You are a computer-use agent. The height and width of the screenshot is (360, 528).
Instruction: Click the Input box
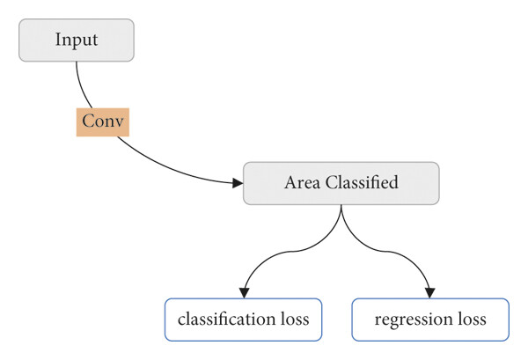(x=77, y=40)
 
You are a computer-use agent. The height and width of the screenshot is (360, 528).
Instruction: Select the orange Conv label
(x=103, y=122)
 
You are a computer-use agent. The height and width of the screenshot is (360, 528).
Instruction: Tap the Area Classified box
(x=341, y=183)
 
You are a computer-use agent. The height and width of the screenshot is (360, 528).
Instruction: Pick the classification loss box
(x=244, y=320)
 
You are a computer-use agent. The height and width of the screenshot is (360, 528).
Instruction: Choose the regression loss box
(x=430, y=320)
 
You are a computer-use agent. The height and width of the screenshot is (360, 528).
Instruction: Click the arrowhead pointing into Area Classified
(x=238, y=183)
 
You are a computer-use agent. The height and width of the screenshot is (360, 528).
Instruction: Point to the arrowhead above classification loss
(x=244, y=293)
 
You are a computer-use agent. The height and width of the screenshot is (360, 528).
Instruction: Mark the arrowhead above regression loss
(x=429, y=293)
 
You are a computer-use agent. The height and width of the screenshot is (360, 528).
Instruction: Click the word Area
(x=302, y=183)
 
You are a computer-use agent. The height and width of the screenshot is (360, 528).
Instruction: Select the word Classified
(x=362, y=182)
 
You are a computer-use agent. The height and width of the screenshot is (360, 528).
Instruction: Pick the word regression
(x=414, y=320)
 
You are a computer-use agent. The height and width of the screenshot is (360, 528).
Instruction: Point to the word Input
(x=77, y=40)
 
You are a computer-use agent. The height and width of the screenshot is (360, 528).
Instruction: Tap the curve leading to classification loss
(x=291, y=252)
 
